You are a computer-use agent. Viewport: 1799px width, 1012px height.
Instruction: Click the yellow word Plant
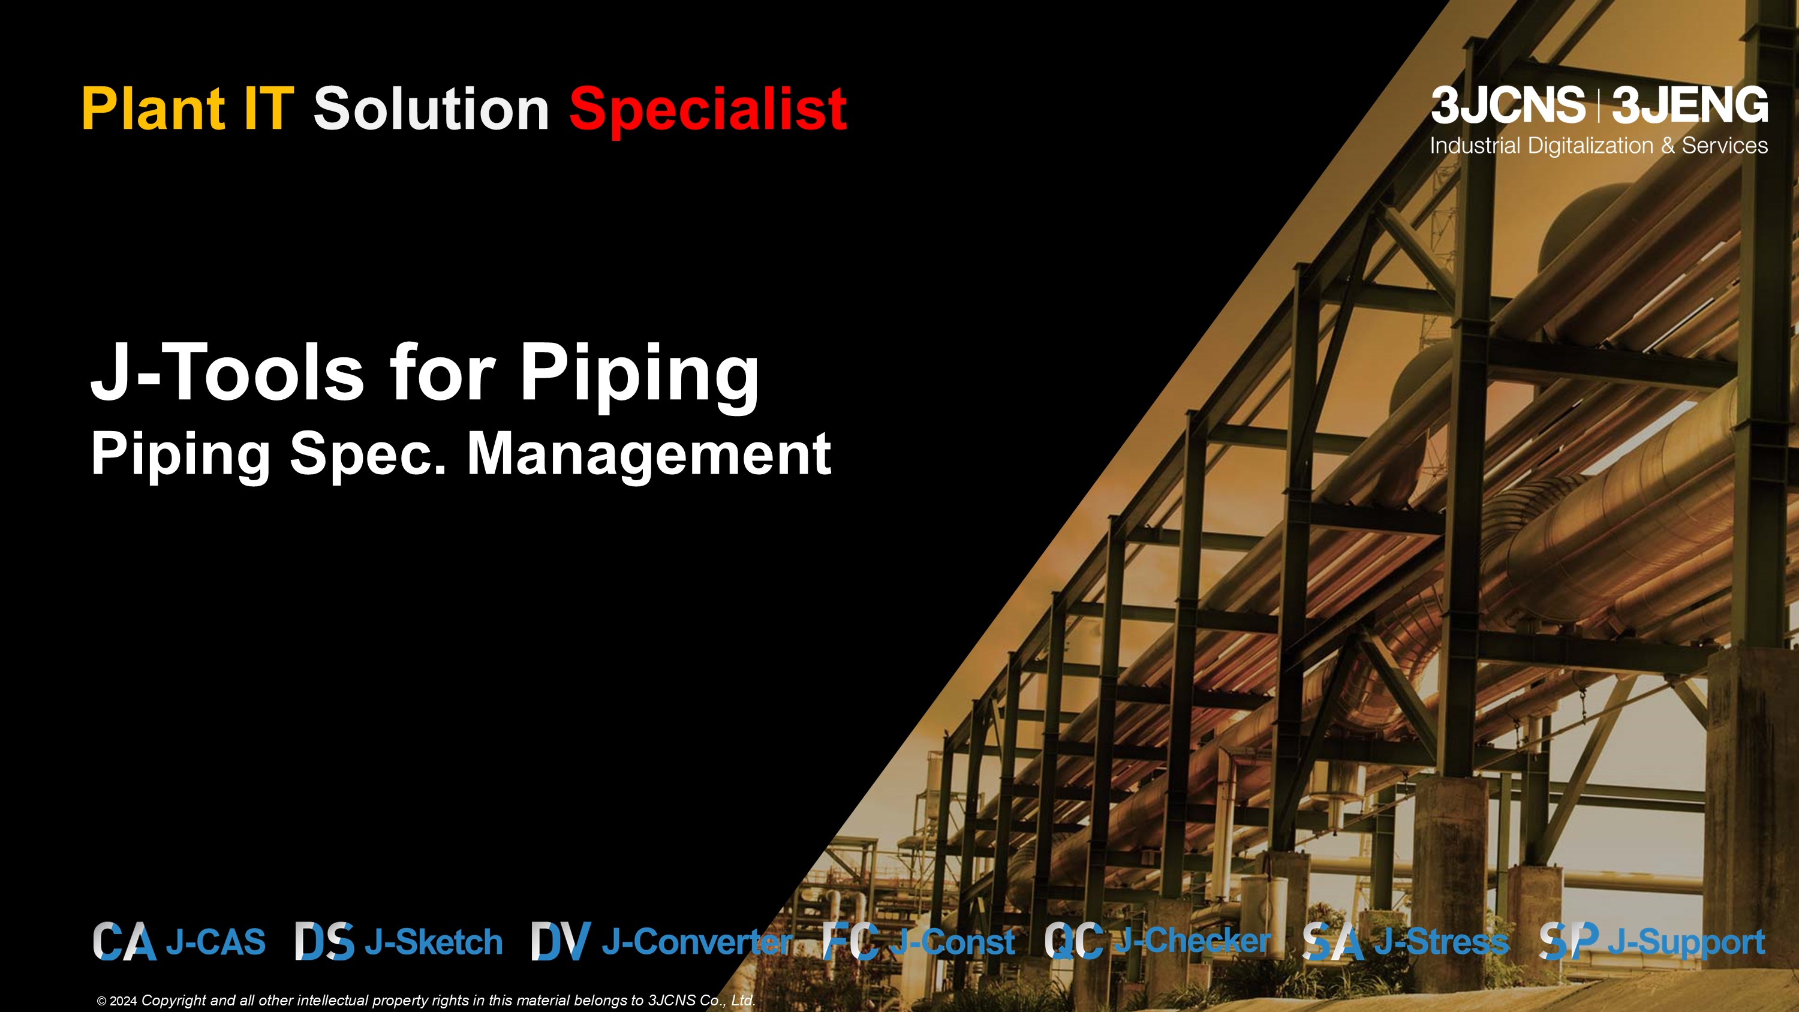click(x=152, y=109)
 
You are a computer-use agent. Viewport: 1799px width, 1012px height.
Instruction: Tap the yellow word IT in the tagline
click(x=267, y=109)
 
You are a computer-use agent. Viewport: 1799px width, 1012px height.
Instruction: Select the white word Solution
click(x=432, y=109)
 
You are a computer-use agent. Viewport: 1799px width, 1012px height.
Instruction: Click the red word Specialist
click(x=708, y=110)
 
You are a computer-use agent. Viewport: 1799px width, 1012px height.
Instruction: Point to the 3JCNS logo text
click(x=1508, y=106)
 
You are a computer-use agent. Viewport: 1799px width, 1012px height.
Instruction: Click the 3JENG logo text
click(x=1690, y=106)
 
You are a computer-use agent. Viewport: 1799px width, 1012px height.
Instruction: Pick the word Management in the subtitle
click(x=649, y=456)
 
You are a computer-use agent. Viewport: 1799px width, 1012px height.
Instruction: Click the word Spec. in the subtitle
click(x=368, y=456)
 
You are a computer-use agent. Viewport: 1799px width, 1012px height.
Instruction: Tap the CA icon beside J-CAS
click(x=124, y=941)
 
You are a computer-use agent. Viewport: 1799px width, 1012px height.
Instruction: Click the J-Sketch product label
click(x=434, y=942)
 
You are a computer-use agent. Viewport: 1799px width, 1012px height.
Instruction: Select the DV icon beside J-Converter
click(x=561, y=941)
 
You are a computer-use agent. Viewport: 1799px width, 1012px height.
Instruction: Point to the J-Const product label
click(x=953, y=942)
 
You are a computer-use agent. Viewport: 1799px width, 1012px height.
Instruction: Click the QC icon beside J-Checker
click(x=1074, y=941)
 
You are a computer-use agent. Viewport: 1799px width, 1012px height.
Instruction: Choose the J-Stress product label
click(x=1442, y=942)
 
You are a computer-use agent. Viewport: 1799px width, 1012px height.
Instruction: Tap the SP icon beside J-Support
click(x=1569, y=941)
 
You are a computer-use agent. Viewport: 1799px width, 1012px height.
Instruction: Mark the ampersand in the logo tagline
click(x=1668, y=146)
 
